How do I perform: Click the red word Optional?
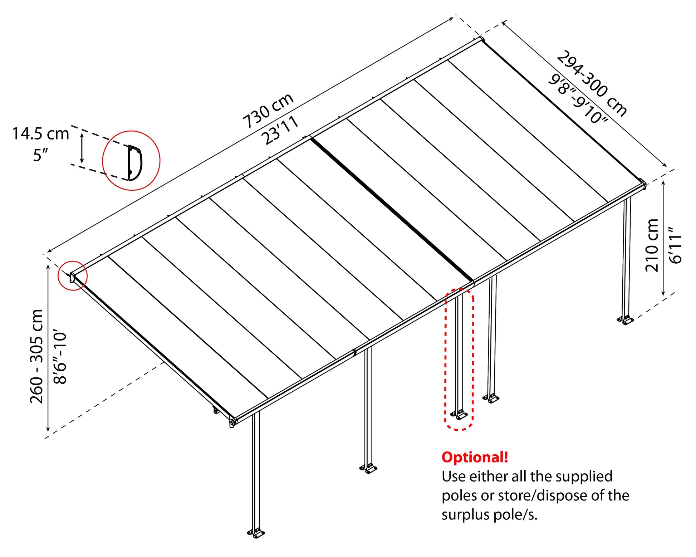(475, 458)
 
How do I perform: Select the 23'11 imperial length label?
(280, 130)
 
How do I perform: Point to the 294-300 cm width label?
(592, 84)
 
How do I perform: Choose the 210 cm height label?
(652, 245)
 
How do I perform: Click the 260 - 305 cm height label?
(36, 356)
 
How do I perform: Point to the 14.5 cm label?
(40, 134)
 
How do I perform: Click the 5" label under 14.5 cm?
(40, 155)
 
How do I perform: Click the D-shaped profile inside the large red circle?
(135, 163)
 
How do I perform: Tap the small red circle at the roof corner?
(73, 275)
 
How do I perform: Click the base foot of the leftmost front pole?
(256, 533)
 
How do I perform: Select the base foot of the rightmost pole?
(625, 320)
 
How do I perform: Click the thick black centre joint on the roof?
(392, 209)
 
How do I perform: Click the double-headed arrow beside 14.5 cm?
(82, 148)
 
